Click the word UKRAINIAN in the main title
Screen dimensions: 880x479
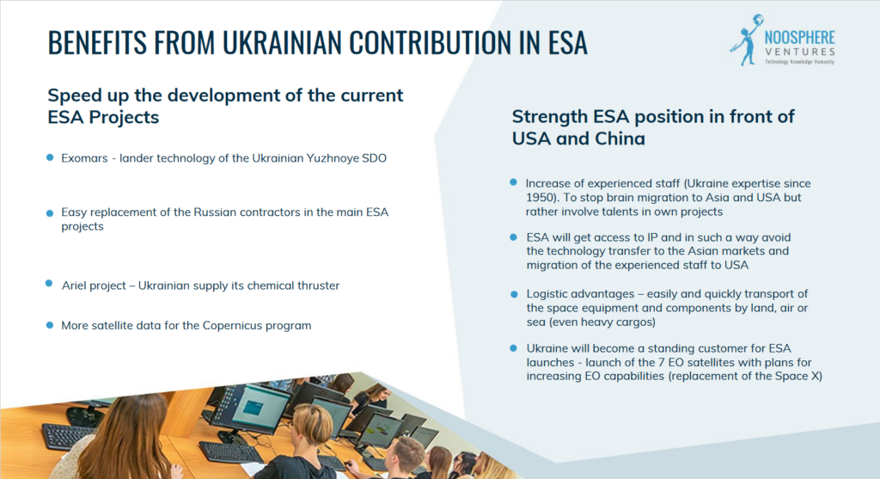[281, 43]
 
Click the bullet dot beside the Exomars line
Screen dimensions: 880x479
[50, 157]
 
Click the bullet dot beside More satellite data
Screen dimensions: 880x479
[50, 325]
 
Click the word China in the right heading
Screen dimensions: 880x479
[620, 138]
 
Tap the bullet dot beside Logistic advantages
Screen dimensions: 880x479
[514, 294]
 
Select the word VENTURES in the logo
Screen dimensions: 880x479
[800, 52]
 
